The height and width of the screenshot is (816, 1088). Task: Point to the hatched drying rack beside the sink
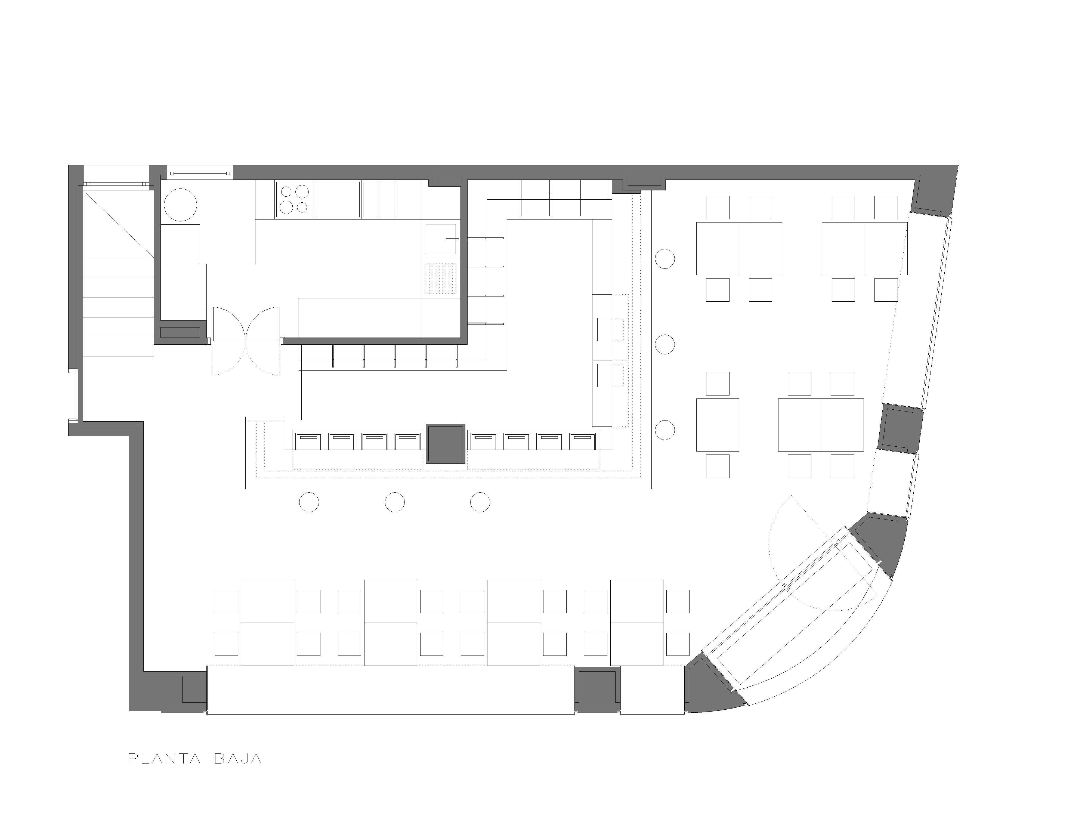(x=441, y=279)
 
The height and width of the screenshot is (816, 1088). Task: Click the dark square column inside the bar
(x=446, y=444)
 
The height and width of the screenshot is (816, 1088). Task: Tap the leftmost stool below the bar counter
(x=309, y=502)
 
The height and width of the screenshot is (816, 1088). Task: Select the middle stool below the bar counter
(x=394, y=502)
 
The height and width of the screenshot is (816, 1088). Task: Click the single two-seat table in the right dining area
(x=718, y=425)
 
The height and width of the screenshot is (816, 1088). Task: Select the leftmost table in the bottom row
(x=268, y=622)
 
